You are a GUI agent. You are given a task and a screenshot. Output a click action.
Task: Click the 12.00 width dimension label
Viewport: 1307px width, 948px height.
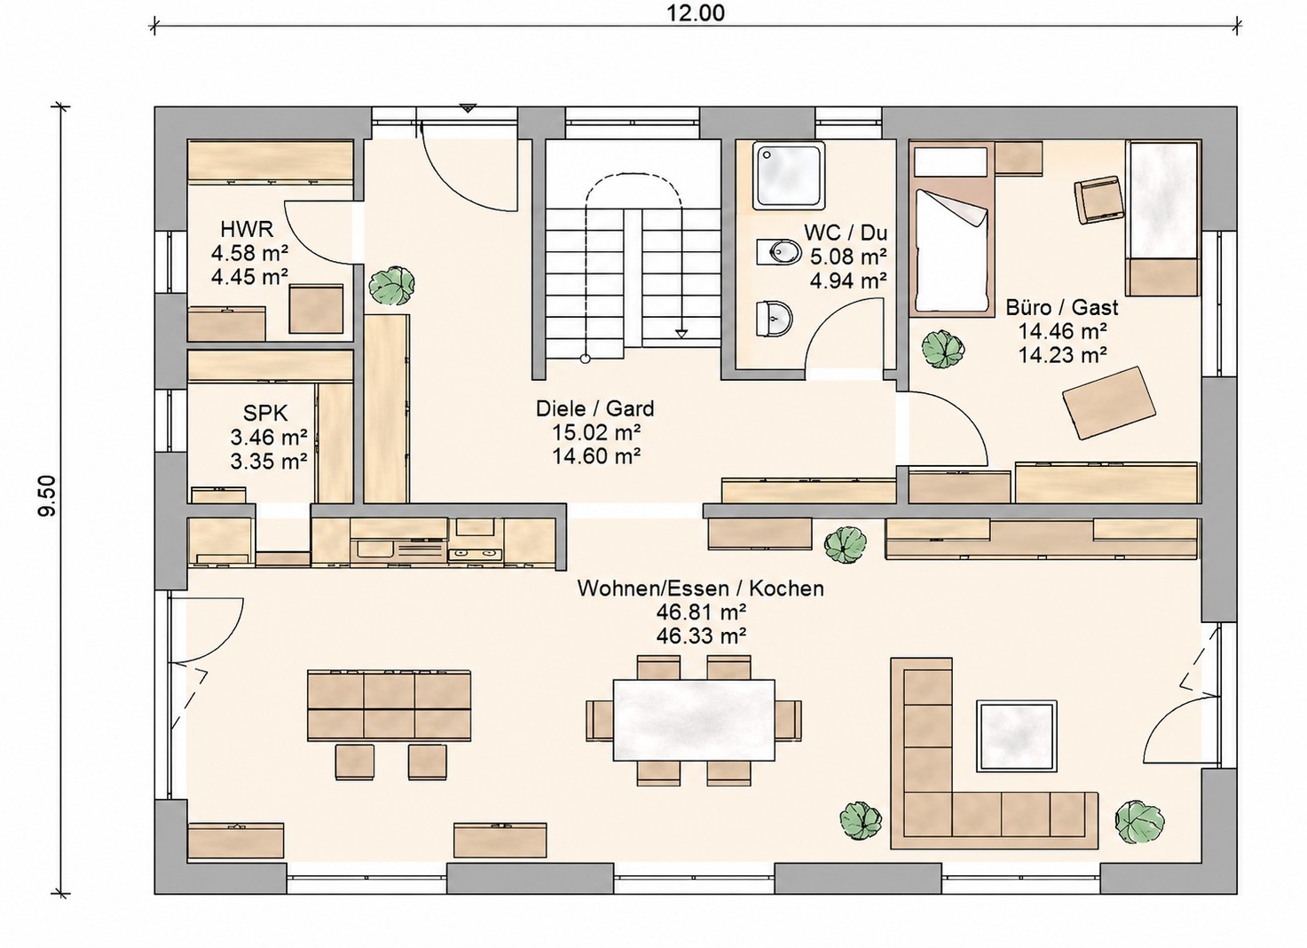697,12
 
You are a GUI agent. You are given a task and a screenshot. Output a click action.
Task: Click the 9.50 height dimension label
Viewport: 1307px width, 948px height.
47,495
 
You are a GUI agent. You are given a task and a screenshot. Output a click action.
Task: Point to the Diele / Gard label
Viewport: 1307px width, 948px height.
595,408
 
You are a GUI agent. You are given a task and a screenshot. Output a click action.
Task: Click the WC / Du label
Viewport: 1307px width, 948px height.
846,233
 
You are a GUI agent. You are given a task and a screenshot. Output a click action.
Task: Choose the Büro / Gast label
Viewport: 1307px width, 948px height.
1062,307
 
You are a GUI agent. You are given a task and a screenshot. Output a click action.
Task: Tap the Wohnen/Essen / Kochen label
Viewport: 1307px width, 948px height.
701,589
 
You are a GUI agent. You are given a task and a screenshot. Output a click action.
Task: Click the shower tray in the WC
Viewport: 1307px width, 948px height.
789,175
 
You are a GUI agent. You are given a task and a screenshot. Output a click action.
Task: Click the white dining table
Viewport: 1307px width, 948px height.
694,720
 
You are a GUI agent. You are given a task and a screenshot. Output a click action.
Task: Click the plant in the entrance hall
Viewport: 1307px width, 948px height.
391,286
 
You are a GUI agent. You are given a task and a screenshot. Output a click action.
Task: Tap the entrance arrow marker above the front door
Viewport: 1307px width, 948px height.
468,108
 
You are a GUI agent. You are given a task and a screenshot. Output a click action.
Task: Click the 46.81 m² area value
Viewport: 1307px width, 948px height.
701,612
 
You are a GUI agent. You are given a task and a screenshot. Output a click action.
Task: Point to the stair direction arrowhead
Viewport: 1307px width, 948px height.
681,334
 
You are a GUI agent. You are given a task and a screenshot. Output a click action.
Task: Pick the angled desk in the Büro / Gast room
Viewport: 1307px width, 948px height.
1108,403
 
